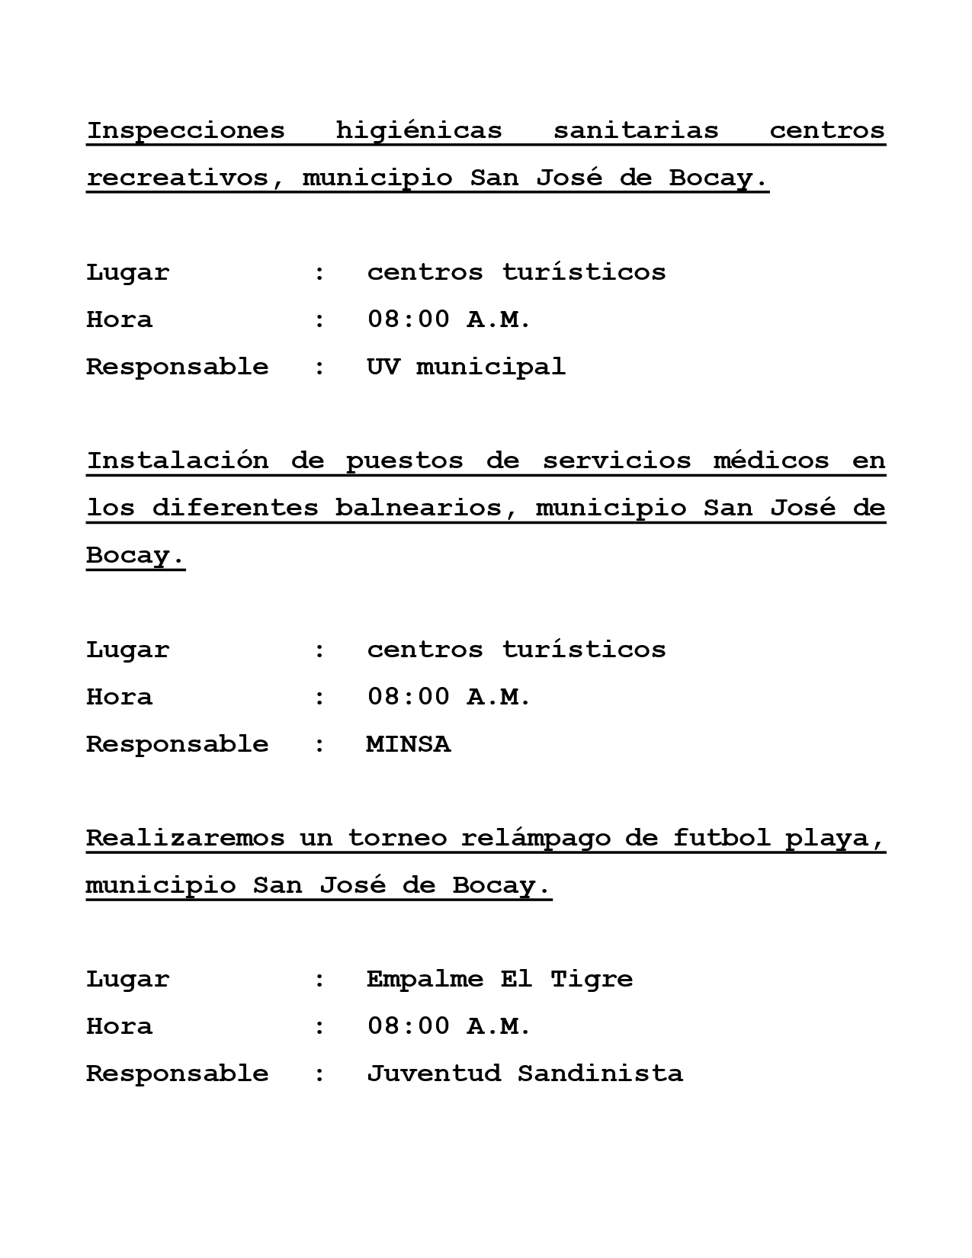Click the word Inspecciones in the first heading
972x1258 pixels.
(185, 130)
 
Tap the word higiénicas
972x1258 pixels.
(419, 130)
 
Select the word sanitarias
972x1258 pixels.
(636, 130)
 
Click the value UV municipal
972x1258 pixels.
(466, 367)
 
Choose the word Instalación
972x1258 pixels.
(177, 461)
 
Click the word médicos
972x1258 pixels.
(771, 461)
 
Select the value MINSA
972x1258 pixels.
(409, 744)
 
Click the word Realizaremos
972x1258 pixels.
(185, 838)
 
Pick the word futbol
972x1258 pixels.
(721, 838)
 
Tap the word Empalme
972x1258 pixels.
(425, 979)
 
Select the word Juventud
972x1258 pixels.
(434, 1073)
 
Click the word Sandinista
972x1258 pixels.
(600, 1073)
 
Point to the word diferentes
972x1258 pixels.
(235, 508)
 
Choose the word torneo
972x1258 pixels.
(397, 838)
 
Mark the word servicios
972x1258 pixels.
(617, 461)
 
